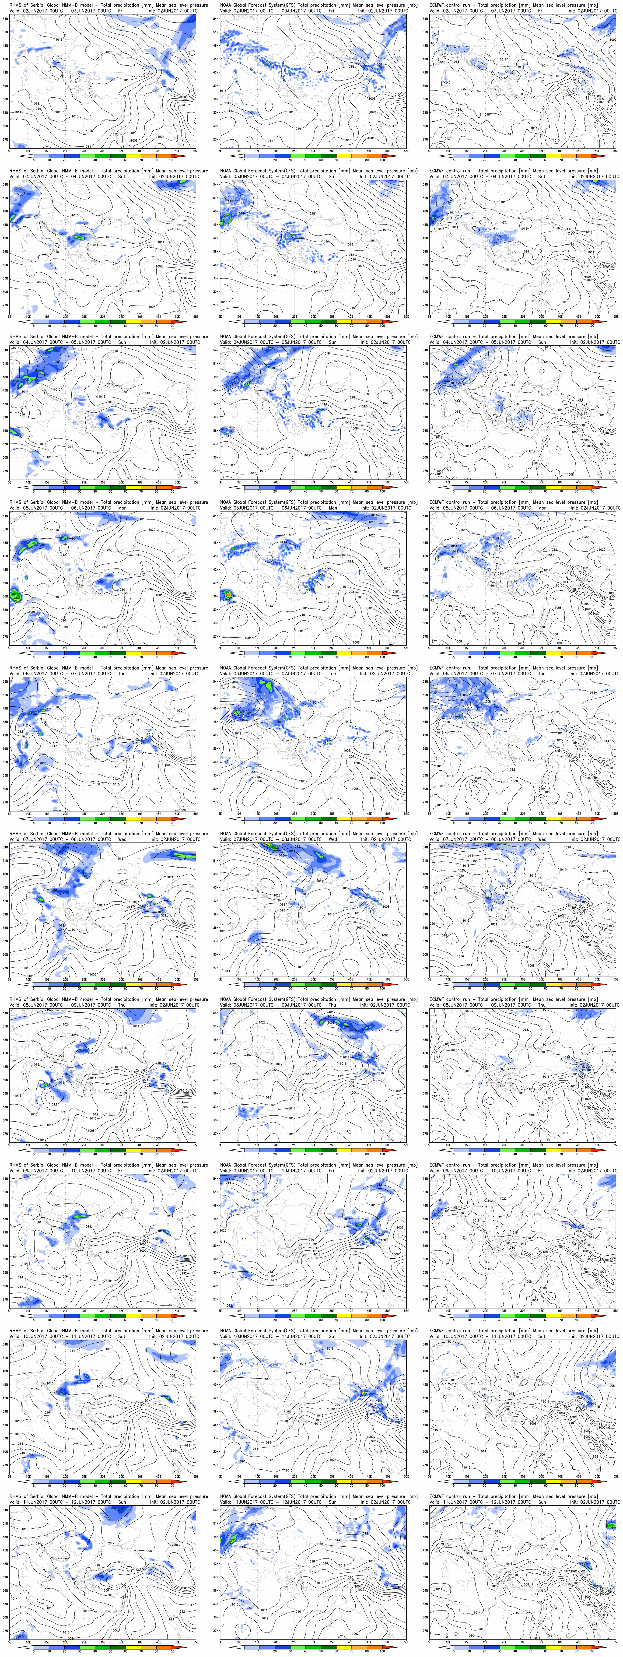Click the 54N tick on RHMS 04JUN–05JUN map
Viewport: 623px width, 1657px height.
coord(6,351)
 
